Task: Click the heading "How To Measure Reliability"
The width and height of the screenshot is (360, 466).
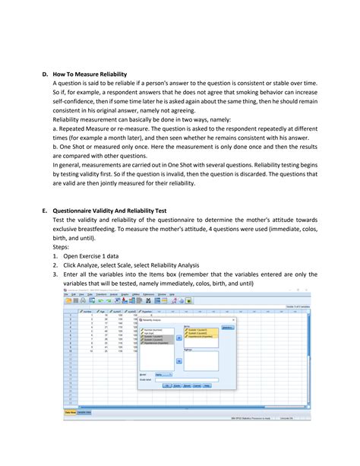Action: point(94,74)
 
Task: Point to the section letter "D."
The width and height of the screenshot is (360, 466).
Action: point(46,74)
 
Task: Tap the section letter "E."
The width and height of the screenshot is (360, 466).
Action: point(46,211)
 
